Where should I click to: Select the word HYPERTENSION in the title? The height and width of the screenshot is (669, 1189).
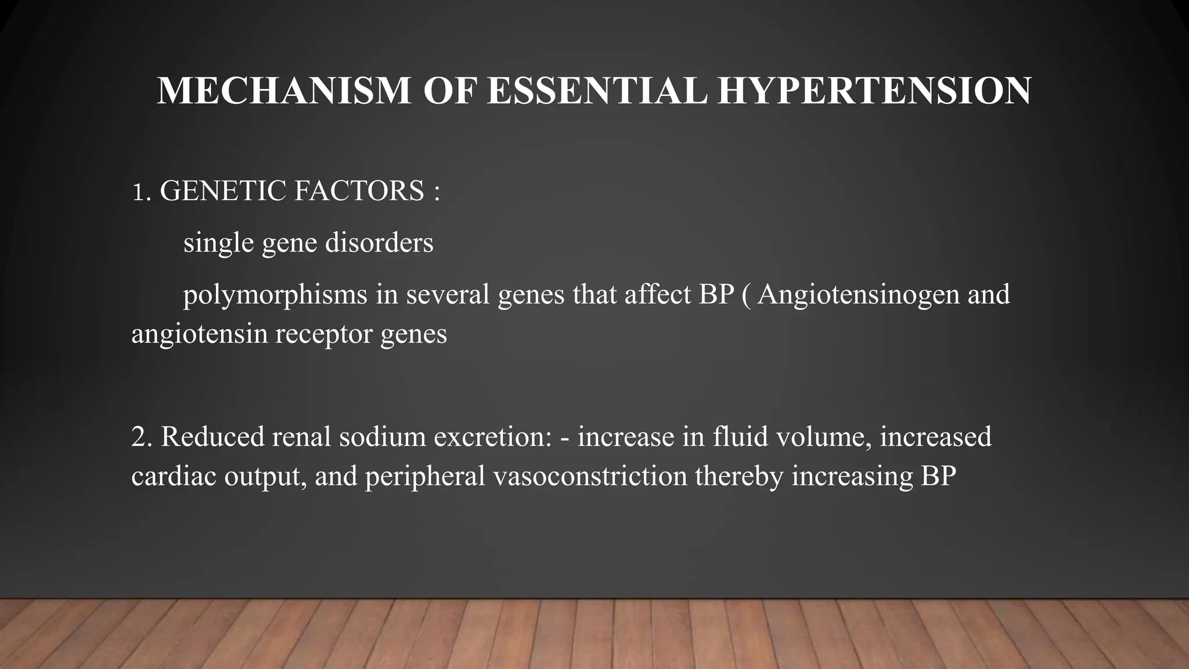pos(874,91)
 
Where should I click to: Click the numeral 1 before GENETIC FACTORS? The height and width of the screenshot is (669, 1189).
pos(137,192)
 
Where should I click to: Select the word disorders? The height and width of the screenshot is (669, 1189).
pos(379,242)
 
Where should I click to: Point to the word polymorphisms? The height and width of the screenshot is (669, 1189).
pos(275,295)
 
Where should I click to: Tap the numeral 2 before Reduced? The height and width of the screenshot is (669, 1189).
pos(139,437)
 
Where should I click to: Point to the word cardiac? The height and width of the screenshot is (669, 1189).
pos(174,476)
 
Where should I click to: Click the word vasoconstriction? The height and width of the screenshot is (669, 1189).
pos(590,476)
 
